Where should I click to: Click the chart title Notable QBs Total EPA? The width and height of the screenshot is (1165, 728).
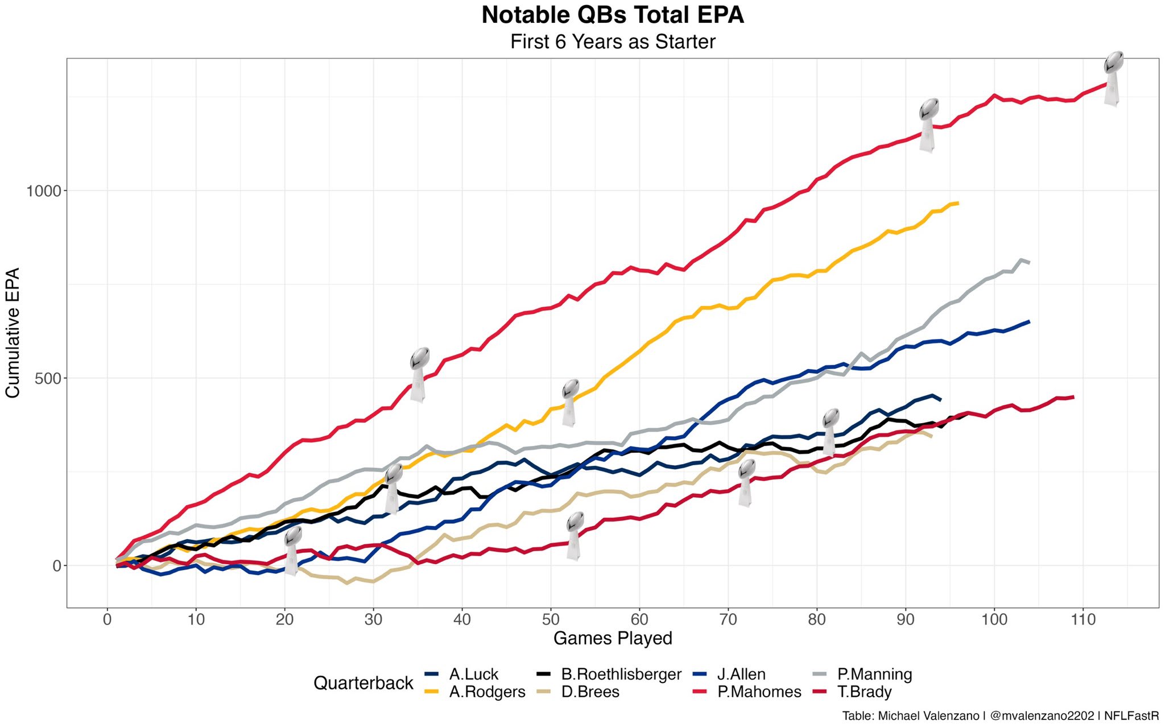[x=613, y=15]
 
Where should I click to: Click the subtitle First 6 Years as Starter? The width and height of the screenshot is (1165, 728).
[x=613, y=42]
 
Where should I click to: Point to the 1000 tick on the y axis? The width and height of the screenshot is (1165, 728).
[x=43, y=191]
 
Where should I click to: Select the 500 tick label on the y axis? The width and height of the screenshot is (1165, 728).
[x=48, y=378]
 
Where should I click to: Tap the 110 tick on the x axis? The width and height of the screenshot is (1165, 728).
[x=1083, y=619]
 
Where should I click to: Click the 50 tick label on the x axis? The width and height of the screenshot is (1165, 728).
[x=551, y=619]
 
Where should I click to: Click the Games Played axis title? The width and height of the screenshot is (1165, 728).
[x=613, y=638]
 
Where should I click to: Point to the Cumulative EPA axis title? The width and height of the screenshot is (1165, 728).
[x=13, y=333]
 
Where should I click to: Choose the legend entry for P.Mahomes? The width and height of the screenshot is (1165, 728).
[x=759, y=692]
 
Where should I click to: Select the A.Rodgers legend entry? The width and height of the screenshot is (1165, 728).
[x=487, y=692]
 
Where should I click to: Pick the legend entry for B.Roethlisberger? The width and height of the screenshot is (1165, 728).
[x=621, y=675]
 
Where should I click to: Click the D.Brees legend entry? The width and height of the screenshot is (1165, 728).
[x=590, y=692]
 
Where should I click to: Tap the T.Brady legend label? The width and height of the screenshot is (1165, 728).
[x=864, y=692]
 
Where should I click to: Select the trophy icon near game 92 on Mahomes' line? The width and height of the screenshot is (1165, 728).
[x=928, y=125]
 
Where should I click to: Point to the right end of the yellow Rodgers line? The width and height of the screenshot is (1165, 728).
[x=958, y=203]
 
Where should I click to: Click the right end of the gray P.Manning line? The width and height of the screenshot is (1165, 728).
[x=1028, y=262]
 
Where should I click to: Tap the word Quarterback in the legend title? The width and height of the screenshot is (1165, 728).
[x=363, y=683]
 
